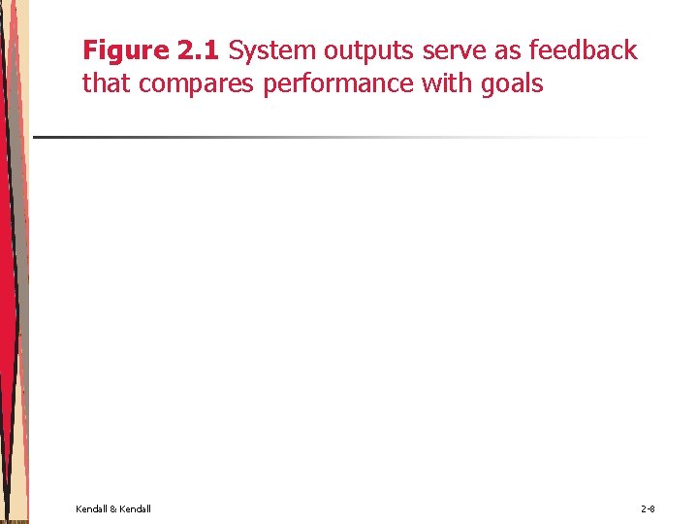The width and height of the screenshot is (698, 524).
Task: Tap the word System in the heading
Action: (273, 50)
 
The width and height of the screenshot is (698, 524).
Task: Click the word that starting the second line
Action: (108, 84)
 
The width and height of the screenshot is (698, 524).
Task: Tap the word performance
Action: (338, 84)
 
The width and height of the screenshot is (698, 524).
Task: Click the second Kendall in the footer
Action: (135, 508)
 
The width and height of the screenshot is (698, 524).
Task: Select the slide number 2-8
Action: (648, 508)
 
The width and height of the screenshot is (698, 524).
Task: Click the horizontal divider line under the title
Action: (291, 137)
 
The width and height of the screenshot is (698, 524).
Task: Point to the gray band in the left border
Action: (17, 291)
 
